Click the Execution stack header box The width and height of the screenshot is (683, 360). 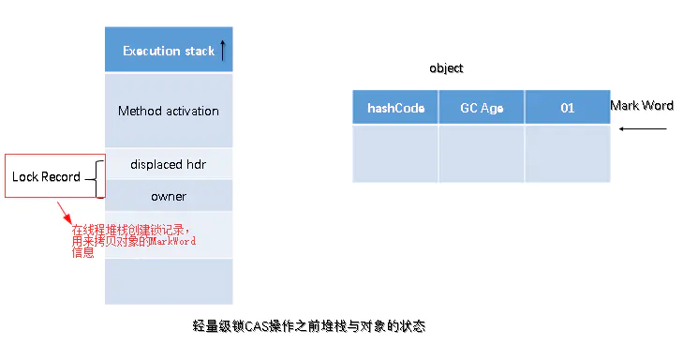[169, 50]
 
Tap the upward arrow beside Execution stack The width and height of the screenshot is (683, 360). [223, 50]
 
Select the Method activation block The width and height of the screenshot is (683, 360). [169, 111]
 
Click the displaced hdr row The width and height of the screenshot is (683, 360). [169, 164]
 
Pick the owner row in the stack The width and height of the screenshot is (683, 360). [169, 196]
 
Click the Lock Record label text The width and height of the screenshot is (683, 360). [46, 176]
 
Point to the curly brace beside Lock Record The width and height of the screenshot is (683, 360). [97, 179]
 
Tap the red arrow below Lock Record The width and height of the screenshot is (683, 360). [64, 213]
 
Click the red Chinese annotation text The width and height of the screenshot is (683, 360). [133, 241]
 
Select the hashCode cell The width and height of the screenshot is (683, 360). [395, 107]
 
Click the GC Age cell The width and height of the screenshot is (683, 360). [482, 107]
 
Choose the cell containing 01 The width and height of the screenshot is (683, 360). [568, 107]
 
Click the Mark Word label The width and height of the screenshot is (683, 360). [642, 106]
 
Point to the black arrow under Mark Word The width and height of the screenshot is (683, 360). [643, 129]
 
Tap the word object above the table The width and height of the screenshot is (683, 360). [446, 68]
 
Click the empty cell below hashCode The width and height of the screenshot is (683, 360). [395, 154]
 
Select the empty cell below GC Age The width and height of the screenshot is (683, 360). [482, 154]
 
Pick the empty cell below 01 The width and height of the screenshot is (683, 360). [568, 154]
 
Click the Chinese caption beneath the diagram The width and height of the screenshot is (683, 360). [309, 326]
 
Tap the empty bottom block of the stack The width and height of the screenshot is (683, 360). [169, 281]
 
